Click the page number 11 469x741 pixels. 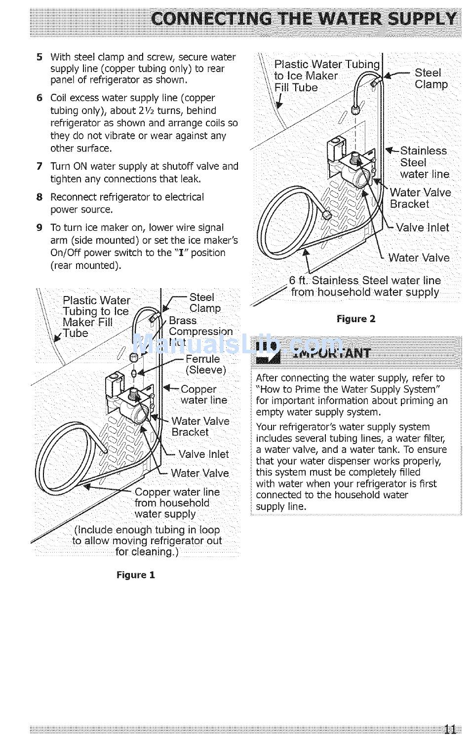[x=449, y=729]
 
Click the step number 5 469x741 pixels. [x=39, y=57]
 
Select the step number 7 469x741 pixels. [x=39, y=166]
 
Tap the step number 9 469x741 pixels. [x=39, y=228]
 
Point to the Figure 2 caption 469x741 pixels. [x=356, y=319]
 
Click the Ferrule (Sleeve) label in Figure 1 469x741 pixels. [x=205, y=365]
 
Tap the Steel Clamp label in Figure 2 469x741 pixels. [x=430, y=78]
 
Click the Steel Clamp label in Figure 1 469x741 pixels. [x=205, y=303]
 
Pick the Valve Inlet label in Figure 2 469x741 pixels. [x=422, y=228]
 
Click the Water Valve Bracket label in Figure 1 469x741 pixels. [x=200, y=427]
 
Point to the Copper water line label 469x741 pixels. [x=203, y=395]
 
